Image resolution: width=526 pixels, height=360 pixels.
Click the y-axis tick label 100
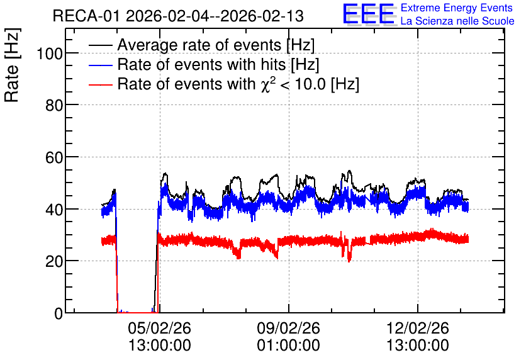click(49, 53)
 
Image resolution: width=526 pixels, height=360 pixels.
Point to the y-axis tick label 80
click(53, 105)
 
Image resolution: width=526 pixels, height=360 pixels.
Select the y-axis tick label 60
click(53, 157)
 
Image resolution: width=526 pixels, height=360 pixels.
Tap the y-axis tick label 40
click(53, 210)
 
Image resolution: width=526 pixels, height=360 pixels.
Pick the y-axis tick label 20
click(53, 262)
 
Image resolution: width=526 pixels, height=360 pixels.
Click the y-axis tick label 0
click(59, 313)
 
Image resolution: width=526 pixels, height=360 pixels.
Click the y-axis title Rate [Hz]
click(12, 65)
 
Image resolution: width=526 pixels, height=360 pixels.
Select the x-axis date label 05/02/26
click(159, 328)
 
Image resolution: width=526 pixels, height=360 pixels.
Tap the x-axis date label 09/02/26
click(289, 328)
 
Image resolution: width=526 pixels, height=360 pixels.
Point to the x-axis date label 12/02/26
click(418, 328)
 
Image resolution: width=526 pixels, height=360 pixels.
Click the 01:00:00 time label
click(289, 346)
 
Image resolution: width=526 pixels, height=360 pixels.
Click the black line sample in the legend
click(100, 45)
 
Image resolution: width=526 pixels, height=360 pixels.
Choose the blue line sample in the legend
click(100, 65)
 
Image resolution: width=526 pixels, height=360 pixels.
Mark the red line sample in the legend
click(100, 84)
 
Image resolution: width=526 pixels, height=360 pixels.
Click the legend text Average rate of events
click(199, 45)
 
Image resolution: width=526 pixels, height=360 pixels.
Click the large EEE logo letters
click(369, 14)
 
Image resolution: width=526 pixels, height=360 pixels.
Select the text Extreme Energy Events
click(457, 8)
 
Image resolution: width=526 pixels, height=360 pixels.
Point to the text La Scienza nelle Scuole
click(457, 21)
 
